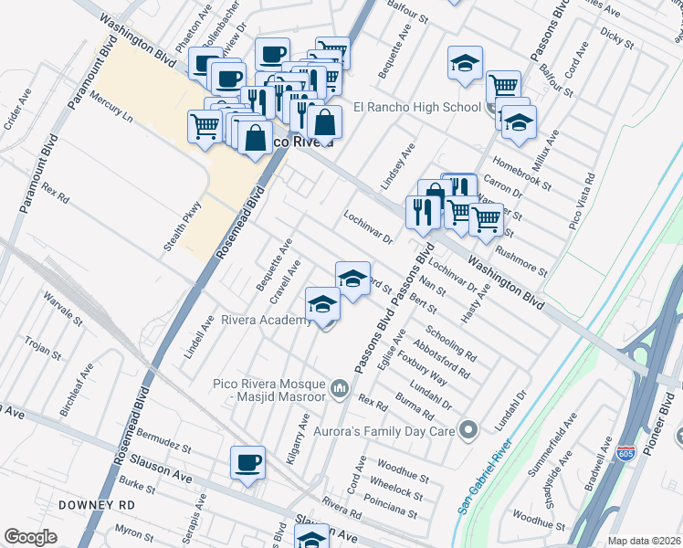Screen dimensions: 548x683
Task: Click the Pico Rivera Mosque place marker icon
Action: click(x=341, y=390)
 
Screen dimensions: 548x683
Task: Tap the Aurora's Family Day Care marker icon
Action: click(x=469, y=428)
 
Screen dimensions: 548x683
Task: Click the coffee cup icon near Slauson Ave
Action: click(x=247, y=462)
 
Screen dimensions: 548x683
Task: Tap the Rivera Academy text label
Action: click(x=267, y=320)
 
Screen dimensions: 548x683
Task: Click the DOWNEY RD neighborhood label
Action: click(x=96, y=504)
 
